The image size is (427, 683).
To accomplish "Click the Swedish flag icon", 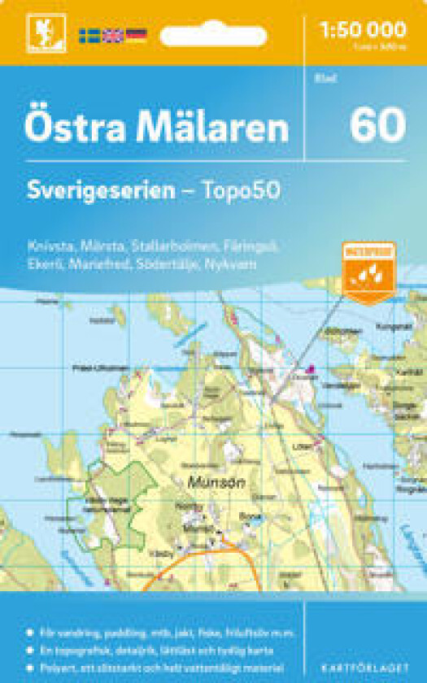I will pyautogui.click(x=89, y=35).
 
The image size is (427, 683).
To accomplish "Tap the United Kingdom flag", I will pyautogui.click(x=112, y=35).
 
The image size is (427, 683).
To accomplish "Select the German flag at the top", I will pyautogui.click(x=136, y=35).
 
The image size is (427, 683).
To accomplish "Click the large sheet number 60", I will pyautogui.click(x=377, y=125).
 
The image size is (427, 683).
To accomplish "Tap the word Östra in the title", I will pyautogui.click(x=68, y=128).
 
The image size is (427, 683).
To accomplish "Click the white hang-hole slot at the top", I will pyautogui.click(x=213, y=36).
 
